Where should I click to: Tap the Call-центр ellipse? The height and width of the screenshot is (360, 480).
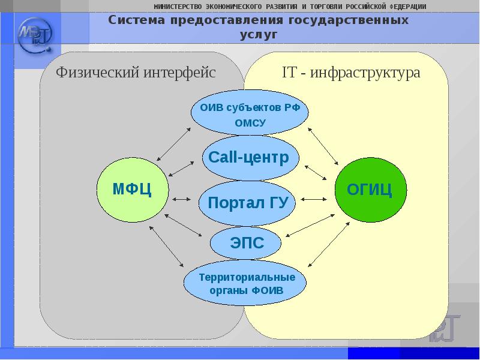coord(250,158)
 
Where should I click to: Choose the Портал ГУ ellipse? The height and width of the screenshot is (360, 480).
coord(248,202)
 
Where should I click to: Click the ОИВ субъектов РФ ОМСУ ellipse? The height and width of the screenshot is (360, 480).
coord(250,115)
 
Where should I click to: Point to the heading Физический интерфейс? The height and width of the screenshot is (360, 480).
coord(136,73)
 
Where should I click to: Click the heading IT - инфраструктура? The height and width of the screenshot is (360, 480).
coord(351,73)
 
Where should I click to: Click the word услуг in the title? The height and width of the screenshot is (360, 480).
coord(259,35)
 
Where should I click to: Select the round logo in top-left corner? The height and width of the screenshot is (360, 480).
coord(35,36)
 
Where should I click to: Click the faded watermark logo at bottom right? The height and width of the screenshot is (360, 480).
coord(445,328)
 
